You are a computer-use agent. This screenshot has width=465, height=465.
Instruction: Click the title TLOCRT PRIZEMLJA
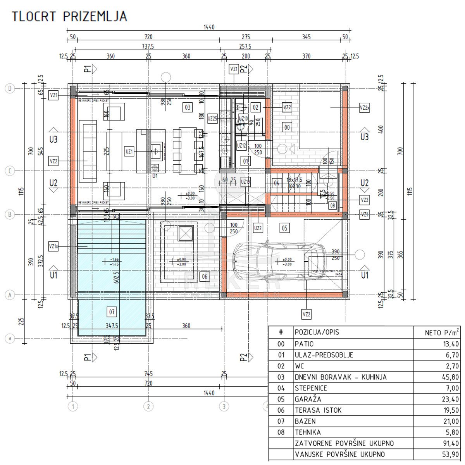pyautogui.click(x=69, y=16)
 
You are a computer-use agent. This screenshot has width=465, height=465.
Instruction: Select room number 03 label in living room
pyautogui.click(x=187, y=107)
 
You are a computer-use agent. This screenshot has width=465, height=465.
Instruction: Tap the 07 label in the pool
pyautogui.click(x=112, y=312)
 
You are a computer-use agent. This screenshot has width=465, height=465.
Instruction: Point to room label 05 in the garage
pyautogui.click(x=284, y=228)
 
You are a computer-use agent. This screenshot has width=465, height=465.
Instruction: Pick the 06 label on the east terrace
pyautogui.click(x=205, y=276)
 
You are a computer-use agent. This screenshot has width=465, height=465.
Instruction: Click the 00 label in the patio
pyautogui.click(x=287, y=126)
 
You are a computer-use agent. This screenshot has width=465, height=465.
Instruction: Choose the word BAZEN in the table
pyautogui.click(x=305, y=421)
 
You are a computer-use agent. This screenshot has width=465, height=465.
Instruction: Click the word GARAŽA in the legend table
pyautogui.click(x=308, y=399)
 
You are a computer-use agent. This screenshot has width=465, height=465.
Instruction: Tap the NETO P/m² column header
pyautogui.click(x=442, y=332)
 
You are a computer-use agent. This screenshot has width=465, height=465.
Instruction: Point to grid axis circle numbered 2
pyautogui.click(x=148, y=406)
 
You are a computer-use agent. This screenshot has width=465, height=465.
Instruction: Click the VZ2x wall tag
pyautogui.click(x=364, y=108)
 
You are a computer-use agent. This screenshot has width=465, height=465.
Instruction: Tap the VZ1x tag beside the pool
pyautogui.click(x=54, y=246)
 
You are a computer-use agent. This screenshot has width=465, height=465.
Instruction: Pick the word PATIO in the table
pyautogui.click(x=304, y=344)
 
